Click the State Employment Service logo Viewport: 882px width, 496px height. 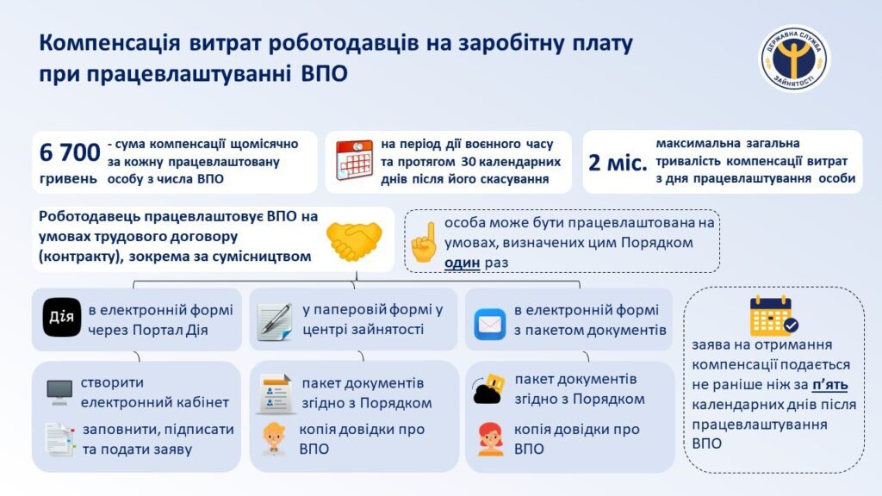(794, 58)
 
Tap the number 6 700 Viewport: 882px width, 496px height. (70, 152)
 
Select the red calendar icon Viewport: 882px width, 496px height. (354, 160)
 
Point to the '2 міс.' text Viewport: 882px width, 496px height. (618, 163)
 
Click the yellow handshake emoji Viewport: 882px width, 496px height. (354, 241)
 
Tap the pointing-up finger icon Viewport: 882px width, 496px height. (424, 242)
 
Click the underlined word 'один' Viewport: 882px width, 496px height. (462, 263)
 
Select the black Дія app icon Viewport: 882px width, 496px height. (62, 317)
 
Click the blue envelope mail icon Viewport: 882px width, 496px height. (489, 324)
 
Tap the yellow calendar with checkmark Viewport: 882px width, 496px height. (773, 316)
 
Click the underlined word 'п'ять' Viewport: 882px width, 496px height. (829, 385)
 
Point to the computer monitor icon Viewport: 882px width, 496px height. (59, 392)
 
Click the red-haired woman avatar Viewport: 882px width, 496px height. (490, 438)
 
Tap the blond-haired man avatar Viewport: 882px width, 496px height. (275, 438)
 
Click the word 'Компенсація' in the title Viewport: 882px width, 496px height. (109, 43)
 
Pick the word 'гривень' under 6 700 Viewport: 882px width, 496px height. (68, 179)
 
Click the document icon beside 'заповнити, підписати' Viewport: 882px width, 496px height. (60, 439)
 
